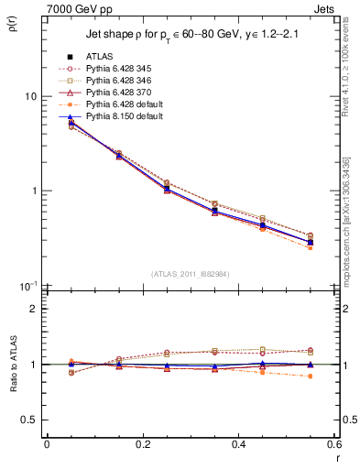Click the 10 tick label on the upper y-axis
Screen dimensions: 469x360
tap(30, 96)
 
